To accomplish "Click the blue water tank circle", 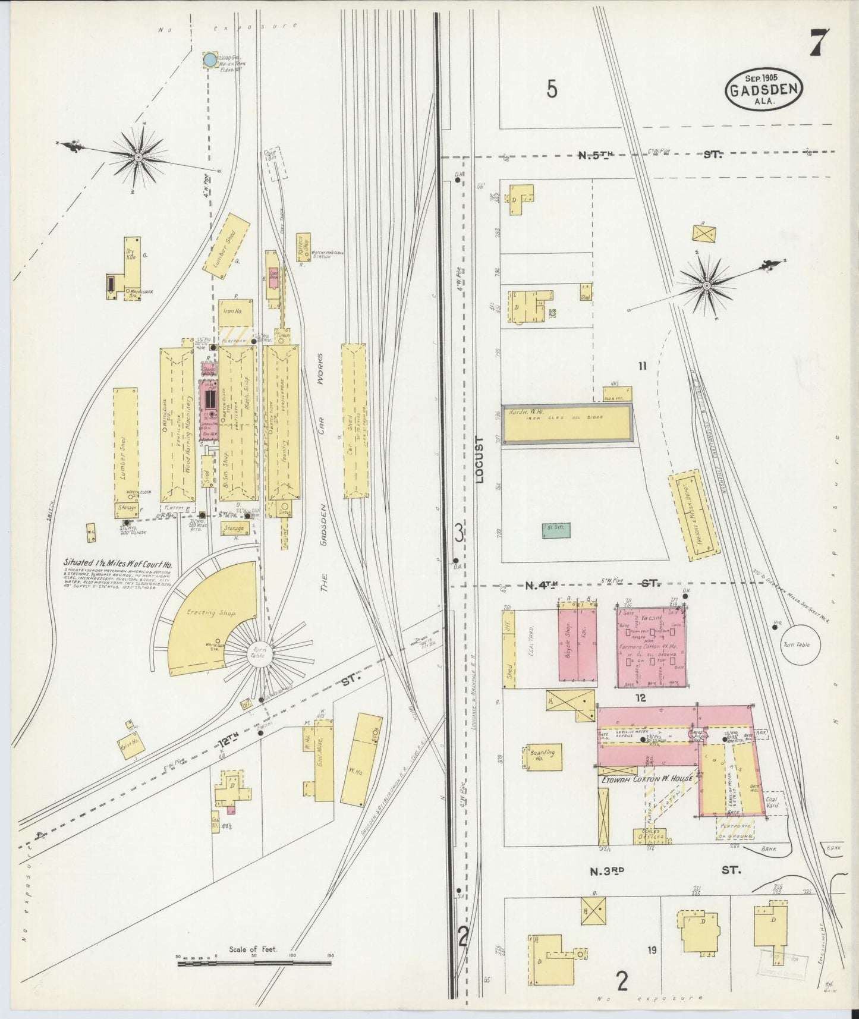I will coord(210,60).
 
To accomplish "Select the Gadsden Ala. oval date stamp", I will coord(764,89).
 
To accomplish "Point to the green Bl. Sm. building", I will coord(556,530).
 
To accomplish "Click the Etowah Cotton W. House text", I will coord(647,778).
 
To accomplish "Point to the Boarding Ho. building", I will coord(543,756).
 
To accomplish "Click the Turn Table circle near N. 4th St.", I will coord(800,644).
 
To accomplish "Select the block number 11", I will coord(642,366).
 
